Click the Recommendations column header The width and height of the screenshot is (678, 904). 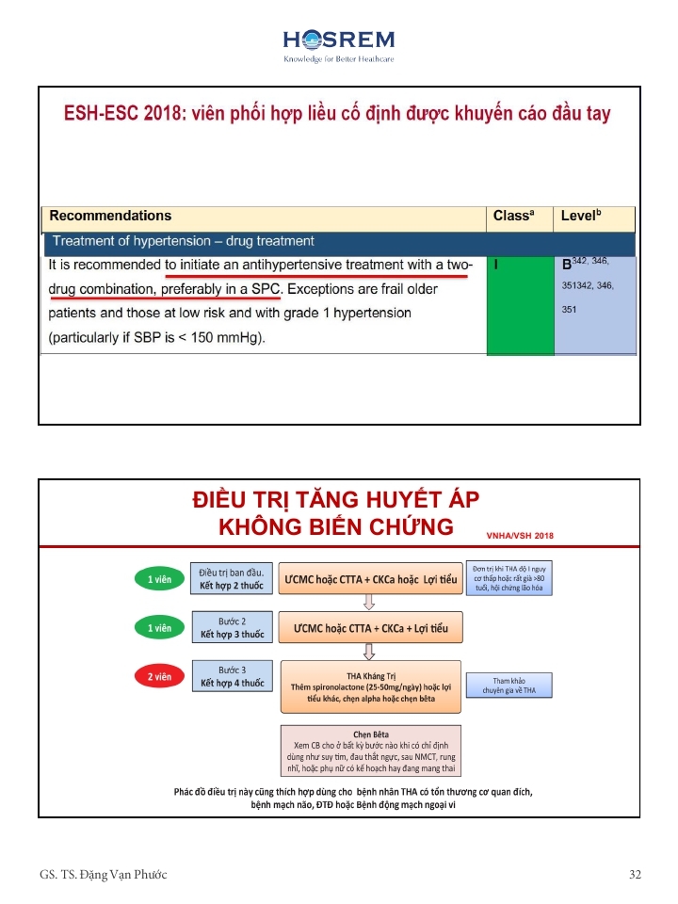(110, 216)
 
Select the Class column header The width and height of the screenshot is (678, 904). (513, 216)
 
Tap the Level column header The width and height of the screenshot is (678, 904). (582, 216)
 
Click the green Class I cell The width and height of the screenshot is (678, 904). (520, 306)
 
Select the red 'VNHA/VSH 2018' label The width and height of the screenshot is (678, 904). (520, 535)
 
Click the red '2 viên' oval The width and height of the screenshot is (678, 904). (158, 676)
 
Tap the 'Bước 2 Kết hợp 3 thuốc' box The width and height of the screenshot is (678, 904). (232, 628)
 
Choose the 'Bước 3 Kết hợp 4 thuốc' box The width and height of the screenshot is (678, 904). (232, 676)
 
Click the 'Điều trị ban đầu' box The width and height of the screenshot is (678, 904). (232, 578)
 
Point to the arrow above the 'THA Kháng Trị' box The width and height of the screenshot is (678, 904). (370, 650)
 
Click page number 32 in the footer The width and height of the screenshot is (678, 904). (635, 875)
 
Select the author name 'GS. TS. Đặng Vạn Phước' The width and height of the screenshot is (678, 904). (104, 875)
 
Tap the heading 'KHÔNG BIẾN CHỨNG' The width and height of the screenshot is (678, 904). (335, 526)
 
